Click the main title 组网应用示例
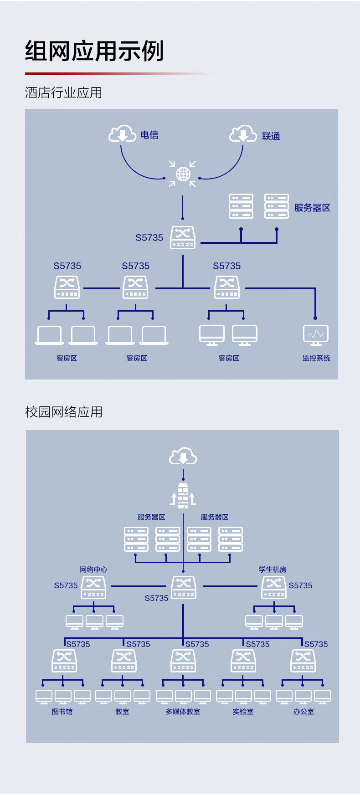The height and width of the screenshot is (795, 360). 94,51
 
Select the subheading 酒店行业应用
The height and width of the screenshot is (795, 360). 63,93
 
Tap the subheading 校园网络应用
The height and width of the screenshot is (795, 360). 64,412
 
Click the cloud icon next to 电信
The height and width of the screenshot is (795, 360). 122,133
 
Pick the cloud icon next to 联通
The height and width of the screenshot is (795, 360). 243,134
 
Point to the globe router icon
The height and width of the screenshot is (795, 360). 183,174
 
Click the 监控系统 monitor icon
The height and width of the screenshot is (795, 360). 316,335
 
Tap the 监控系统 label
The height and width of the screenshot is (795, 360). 316,358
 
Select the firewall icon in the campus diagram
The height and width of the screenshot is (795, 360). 183,496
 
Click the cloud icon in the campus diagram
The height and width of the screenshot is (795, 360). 183,456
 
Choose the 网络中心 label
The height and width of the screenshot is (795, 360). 93,569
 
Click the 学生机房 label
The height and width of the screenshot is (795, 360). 273,569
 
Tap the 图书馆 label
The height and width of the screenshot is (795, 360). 62,712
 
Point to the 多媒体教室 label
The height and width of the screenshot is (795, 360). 183,712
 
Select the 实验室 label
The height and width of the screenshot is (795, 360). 243,712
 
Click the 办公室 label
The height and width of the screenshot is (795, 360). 303,712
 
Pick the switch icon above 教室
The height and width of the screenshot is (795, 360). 124,661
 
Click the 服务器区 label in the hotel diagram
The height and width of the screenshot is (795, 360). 312,208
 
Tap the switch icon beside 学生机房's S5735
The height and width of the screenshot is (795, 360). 274,587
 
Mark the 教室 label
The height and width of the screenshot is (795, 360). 122,712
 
